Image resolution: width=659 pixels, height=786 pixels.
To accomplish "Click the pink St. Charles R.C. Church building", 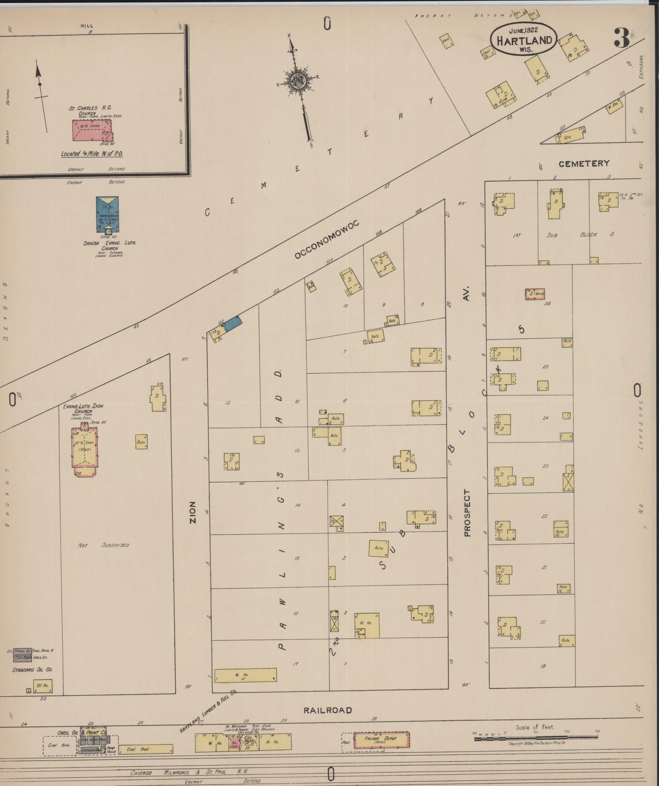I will [92, 131].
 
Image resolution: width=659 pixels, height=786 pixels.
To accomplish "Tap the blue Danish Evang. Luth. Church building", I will [107, 214].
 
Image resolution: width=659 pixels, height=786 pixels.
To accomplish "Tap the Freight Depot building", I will [381, 739].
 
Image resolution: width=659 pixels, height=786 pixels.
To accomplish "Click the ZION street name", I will [193, 512].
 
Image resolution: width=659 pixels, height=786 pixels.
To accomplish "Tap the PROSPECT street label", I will [467, 513].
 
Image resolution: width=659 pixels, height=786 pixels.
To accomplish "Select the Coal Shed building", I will [145, 749].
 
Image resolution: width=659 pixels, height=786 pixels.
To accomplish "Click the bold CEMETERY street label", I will [583, 164].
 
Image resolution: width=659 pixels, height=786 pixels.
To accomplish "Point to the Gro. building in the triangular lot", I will [570, 136].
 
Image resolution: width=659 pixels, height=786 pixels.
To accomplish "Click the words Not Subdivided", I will [103, 545].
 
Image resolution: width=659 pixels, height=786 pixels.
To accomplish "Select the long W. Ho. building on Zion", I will [245, 675].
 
